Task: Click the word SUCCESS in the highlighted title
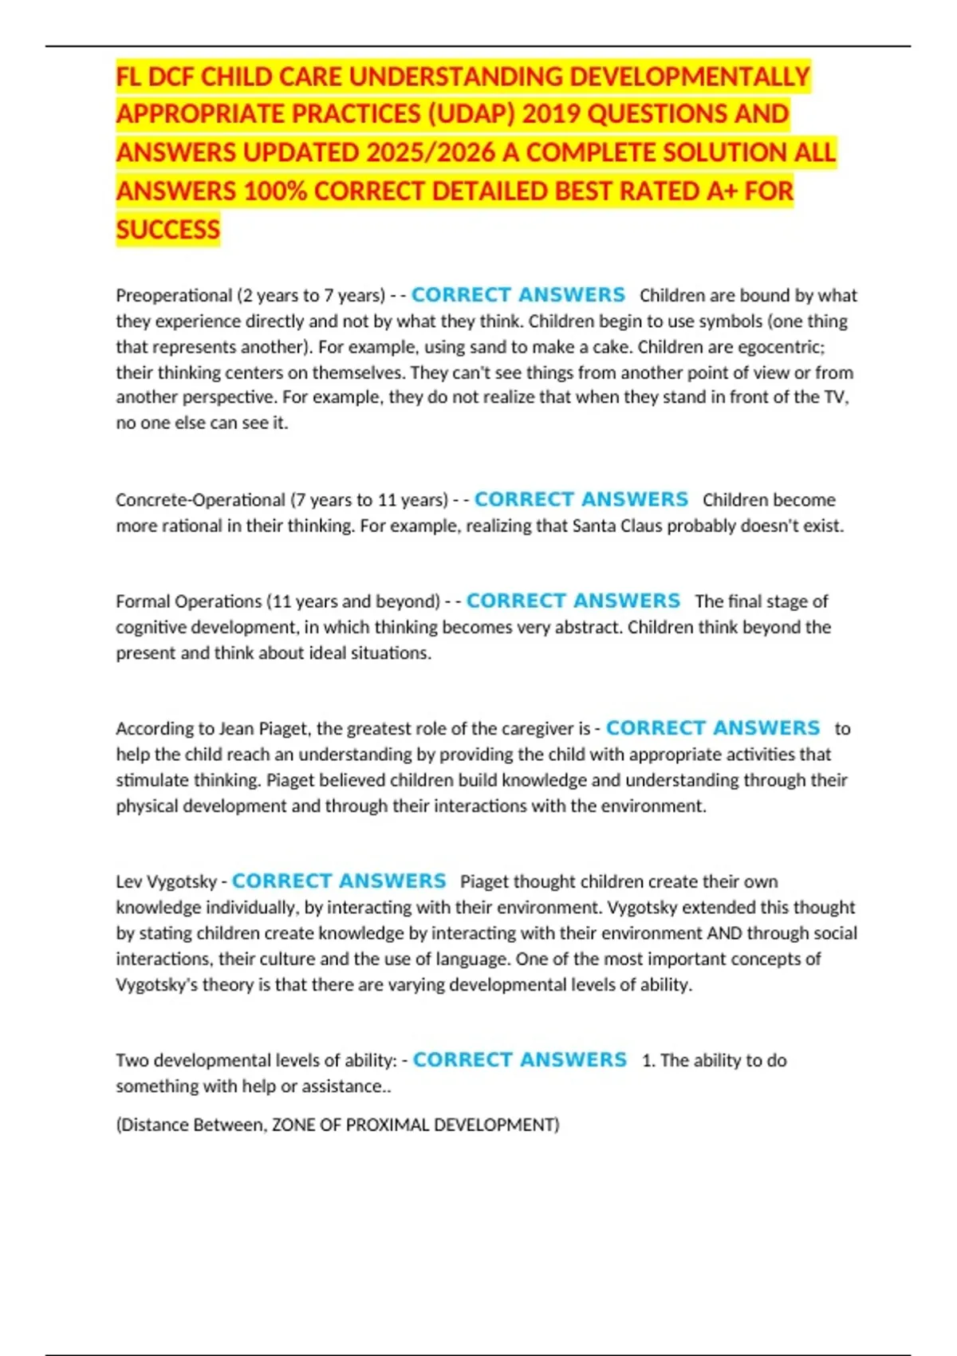(x=167, y=230)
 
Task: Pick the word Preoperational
(x=174, y=296)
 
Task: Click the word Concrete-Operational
(x=200, y=500)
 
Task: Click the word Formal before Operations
(x=143, y=601)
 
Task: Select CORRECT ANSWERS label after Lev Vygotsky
(x=339, y=881)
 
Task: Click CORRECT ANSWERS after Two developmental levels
(x=520, y=1060)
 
